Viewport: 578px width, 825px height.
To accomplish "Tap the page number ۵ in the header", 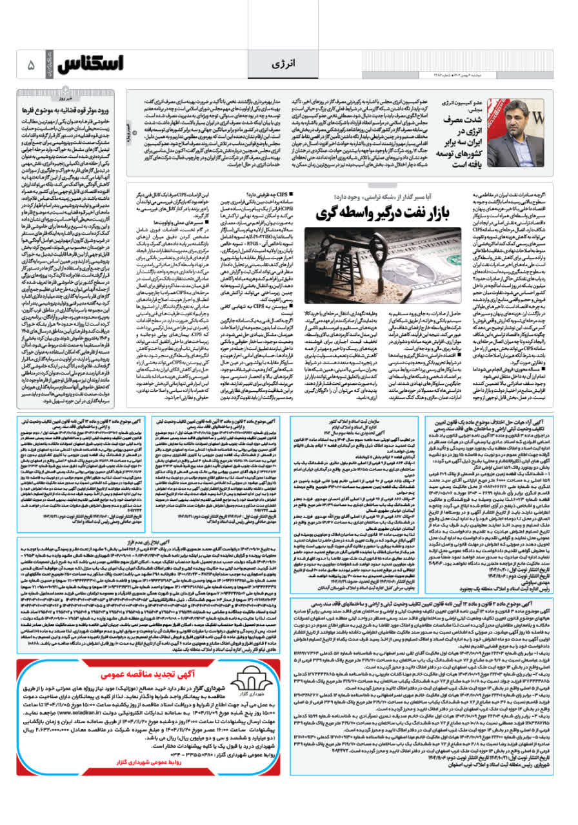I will (30, 65).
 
